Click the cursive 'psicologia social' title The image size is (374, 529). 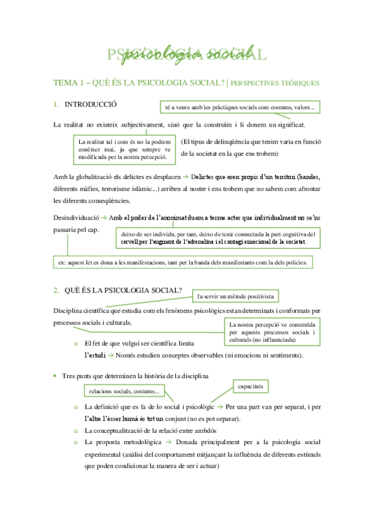tap(188, 54)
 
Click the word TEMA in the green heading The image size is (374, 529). tap(64, 83)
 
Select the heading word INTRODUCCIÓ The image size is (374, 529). tap(91, 104)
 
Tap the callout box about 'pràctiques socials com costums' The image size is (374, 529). tap(240, 108)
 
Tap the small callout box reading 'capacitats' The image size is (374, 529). tap(250, 387)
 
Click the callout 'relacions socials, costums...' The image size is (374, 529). tap(124, 391)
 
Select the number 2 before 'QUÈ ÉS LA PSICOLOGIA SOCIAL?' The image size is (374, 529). tap(56, 290)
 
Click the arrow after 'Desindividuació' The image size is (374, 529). tap(104, 217)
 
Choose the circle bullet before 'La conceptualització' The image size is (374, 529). tap(75, 430)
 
